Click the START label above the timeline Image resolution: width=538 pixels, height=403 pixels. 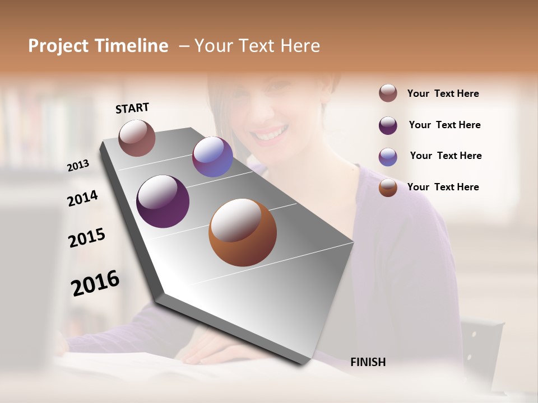(x=132, y=108)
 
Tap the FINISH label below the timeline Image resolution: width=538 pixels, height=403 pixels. (x=368, y=362)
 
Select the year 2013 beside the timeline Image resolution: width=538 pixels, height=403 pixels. (x=78, y=166)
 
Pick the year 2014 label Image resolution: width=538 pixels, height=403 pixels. (x=82, y=198)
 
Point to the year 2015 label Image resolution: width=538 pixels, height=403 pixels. (x=87, y=238)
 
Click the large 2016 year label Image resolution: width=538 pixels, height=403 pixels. (x=95, y=283)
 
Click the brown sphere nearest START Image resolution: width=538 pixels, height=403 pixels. (x=137, y=138)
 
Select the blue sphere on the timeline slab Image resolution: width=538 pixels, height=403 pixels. (x=212, y=157)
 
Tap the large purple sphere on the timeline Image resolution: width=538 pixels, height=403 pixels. (x=163, y=201)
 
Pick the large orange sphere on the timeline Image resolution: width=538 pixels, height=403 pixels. (x=243, y=232)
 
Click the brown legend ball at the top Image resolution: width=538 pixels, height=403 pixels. (x=388, y=93)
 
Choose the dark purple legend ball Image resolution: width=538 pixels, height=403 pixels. (x=388, y=125)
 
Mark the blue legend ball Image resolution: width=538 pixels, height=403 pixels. (x=388, y=157)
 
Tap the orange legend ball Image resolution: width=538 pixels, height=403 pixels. (x=388, y=188)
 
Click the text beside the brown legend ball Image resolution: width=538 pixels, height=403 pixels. (x=443, y=93)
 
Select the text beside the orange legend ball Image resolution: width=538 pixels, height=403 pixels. (x=443, y=187)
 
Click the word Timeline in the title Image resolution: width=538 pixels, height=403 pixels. (x=132, y=46)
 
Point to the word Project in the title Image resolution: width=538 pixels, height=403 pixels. (x=59, y=46)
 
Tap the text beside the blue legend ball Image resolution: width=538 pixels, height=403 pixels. (x=446, y=156)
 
